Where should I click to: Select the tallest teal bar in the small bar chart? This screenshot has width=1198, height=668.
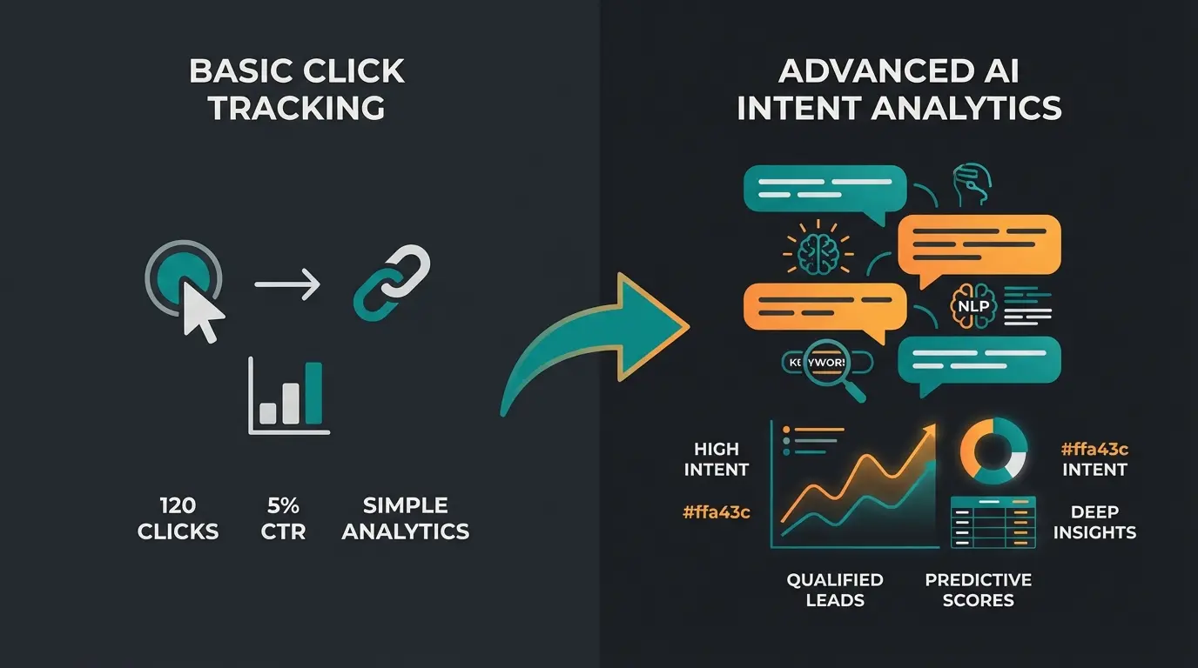[313, 391]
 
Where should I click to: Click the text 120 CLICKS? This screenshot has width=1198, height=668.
[178, 518]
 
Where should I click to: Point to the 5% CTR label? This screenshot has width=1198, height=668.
[283, 518]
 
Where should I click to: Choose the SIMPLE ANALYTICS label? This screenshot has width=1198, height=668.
[405, 518]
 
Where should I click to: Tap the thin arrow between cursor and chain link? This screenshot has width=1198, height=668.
[287, 284]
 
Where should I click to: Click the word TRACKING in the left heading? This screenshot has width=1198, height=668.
[296, 108]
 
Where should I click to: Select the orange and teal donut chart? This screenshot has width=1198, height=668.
[993, 451]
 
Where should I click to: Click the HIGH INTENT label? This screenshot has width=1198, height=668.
[716, 459]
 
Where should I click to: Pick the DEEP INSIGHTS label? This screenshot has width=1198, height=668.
[1094, 522]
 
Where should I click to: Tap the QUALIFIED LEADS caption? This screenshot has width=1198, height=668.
[823, 590]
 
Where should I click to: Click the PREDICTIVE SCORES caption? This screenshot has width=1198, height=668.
[978, 590]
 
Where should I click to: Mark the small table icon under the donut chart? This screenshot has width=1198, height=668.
[993, 522]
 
